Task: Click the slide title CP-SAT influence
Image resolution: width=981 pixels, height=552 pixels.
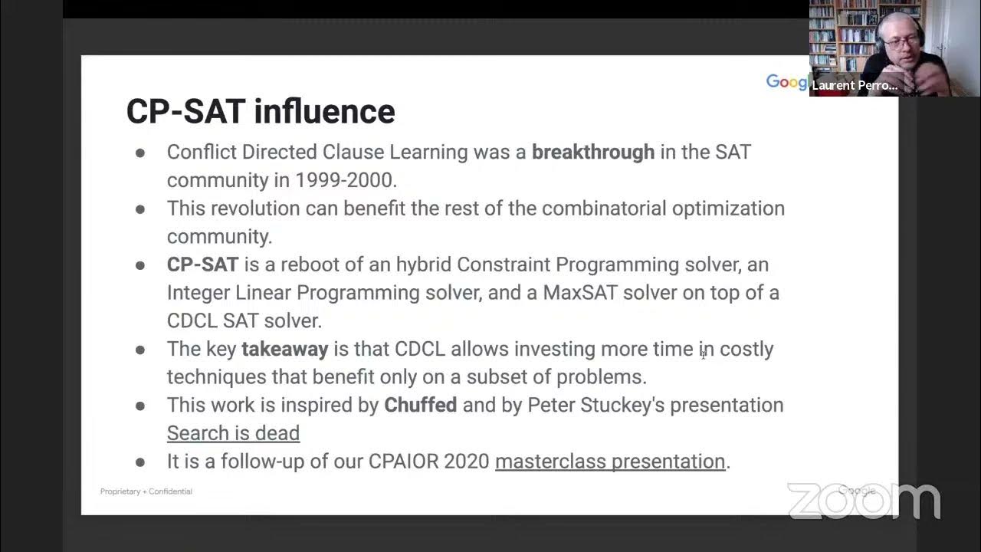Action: pos(261,111)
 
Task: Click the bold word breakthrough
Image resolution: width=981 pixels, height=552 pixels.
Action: pos(593,152)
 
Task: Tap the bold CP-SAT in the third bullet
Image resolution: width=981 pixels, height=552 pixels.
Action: pos(202,264)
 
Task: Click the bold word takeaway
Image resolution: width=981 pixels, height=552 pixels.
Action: pos(284,349)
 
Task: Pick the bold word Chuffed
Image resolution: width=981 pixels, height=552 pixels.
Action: pos(420,405)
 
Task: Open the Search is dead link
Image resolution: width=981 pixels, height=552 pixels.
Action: pos(233,433)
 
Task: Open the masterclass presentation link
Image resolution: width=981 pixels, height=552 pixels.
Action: pos(610,462)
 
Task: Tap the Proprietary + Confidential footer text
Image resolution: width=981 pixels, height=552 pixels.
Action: pos(146,491)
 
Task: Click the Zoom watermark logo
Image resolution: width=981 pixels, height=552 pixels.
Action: pos(864,501)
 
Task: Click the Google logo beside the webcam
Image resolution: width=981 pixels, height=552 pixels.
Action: pos(786,82)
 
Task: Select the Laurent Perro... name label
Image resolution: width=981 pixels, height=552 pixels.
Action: pos(855,85)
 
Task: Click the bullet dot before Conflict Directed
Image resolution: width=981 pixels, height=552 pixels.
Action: pos(140,153)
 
